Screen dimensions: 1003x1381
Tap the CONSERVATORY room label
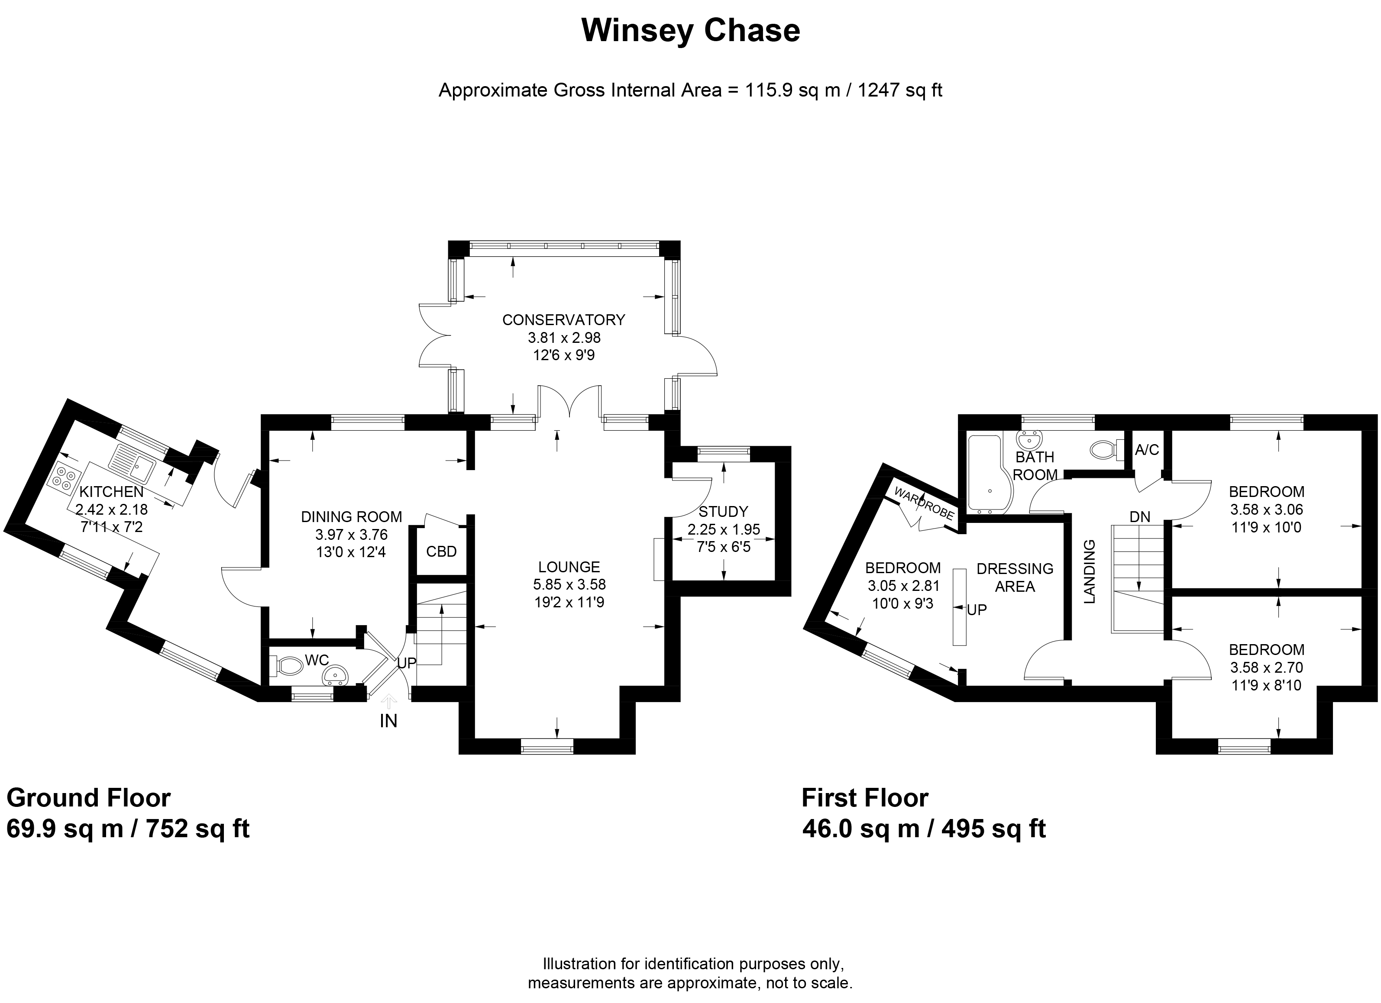tap(563, 319)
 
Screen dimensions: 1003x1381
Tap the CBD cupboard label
tap(441, 551)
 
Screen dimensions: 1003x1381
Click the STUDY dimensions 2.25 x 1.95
tap(723, 529)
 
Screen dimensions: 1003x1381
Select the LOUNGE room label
tap(569, 567)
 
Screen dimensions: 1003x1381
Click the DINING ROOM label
tap(351, 517)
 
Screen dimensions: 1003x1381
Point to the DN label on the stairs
tap(1139, 517)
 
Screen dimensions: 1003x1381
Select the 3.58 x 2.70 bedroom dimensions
tap(1266, 668)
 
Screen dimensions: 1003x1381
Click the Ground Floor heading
tap(88, 797)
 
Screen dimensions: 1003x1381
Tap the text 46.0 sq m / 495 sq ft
tap(924, 829)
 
